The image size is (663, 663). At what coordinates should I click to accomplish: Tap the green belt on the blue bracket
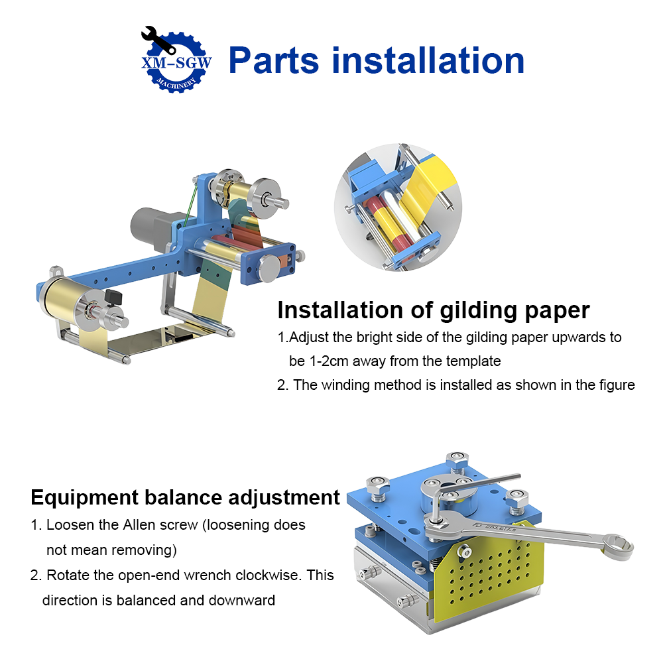(x=192, y=199)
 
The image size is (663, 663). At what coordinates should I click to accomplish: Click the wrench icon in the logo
(x=158, y=41)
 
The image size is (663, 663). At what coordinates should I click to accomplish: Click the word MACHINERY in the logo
(x=175, y=84)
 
